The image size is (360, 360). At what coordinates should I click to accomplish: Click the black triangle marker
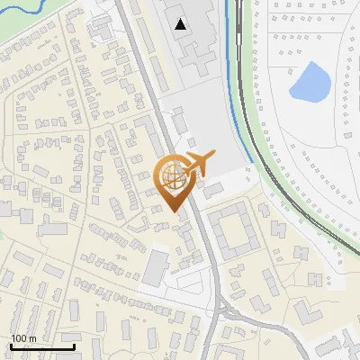point(182,24)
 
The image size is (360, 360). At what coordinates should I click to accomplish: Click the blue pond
point(309,83)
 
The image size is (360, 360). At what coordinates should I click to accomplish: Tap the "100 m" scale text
point(24,338)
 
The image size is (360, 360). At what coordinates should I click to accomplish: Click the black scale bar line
point(41,346)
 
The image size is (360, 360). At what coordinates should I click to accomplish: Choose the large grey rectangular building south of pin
point(157,266)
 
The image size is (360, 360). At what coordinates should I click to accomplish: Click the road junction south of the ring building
point(223,310)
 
